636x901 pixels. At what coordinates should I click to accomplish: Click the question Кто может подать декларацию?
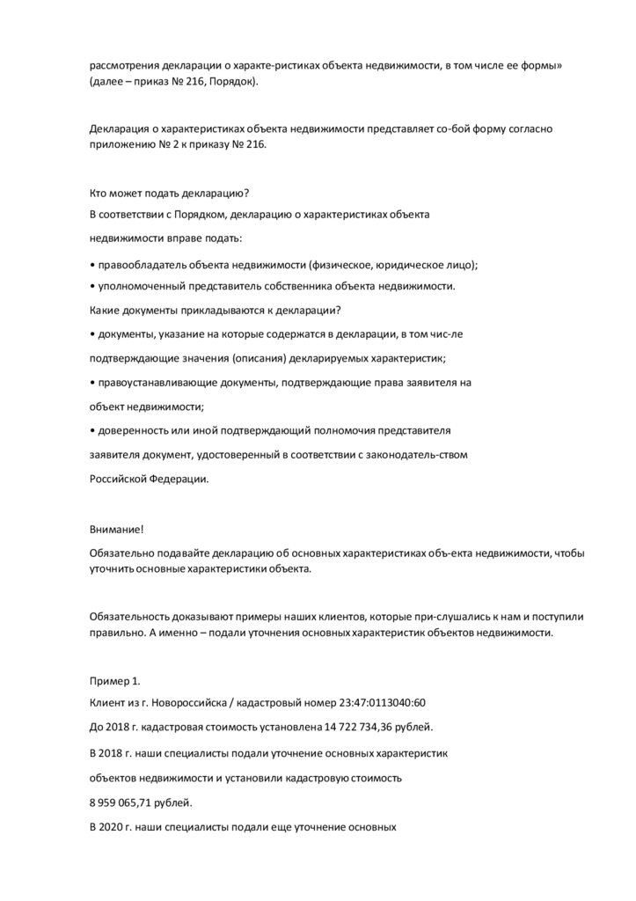(164, 194)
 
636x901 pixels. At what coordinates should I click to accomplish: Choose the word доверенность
(133, 431)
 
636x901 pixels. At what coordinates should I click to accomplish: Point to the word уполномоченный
(142, 287)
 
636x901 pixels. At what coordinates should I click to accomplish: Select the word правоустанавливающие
(161, 383)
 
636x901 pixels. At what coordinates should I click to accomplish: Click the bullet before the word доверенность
(92, 431)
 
